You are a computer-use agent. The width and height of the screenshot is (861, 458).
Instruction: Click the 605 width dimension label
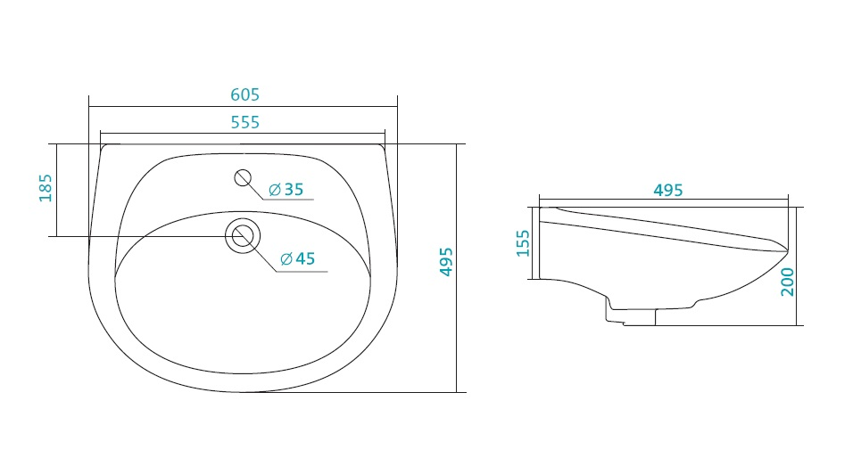point(244,94)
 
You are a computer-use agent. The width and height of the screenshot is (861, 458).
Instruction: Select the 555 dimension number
point(244,122)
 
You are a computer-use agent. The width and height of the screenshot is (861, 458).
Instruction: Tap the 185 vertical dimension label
point(46,188)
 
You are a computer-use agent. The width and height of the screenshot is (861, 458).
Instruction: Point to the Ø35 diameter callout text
point(286,190)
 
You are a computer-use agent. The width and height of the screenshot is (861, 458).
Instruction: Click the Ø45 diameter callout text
point(298,258)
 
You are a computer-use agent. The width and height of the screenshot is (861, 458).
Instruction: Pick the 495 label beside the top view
point(446,262)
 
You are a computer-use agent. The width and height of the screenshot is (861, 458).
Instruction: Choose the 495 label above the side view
point(668,191)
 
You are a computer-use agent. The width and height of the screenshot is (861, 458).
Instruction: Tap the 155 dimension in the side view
point(524,243)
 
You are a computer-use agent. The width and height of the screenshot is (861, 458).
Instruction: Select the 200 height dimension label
point(788,282)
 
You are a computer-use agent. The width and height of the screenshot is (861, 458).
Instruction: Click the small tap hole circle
point(243,177)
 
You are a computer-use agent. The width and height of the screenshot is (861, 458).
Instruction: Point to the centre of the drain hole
point(242,236)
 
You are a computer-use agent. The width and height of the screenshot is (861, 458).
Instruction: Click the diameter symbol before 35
point(275,191)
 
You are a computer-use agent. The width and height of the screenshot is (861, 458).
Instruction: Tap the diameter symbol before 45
point(286,259)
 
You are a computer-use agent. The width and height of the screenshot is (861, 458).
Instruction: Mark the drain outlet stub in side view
point(631,316)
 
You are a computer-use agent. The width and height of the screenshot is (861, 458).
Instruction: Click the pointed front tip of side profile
point(788,250)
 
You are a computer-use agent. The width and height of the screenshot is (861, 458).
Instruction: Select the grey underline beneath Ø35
point(288,199)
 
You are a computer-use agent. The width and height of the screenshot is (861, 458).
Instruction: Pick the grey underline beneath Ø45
point(302,272)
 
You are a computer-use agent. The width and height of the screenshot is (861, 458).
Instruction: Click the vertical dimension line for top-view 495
point(456,268)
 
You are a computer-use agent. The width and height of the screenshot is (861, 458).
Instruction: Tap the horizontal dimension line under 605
point(244,107)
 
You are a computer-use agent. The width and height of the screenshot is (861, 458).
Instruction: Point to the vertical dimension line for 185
point(56,190)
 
